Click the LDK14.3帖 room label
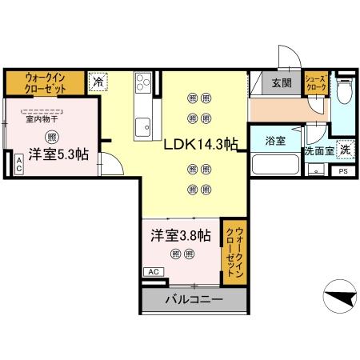(201, 145)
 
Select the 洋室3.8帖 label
(182, 236)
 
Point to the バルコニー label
(194, 301)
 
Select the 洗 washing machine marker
(344, 149)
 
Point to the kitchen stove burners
(144, 82)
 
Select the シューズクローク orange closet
(315, 84)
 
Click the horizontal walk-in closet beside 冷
(45, 82)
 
